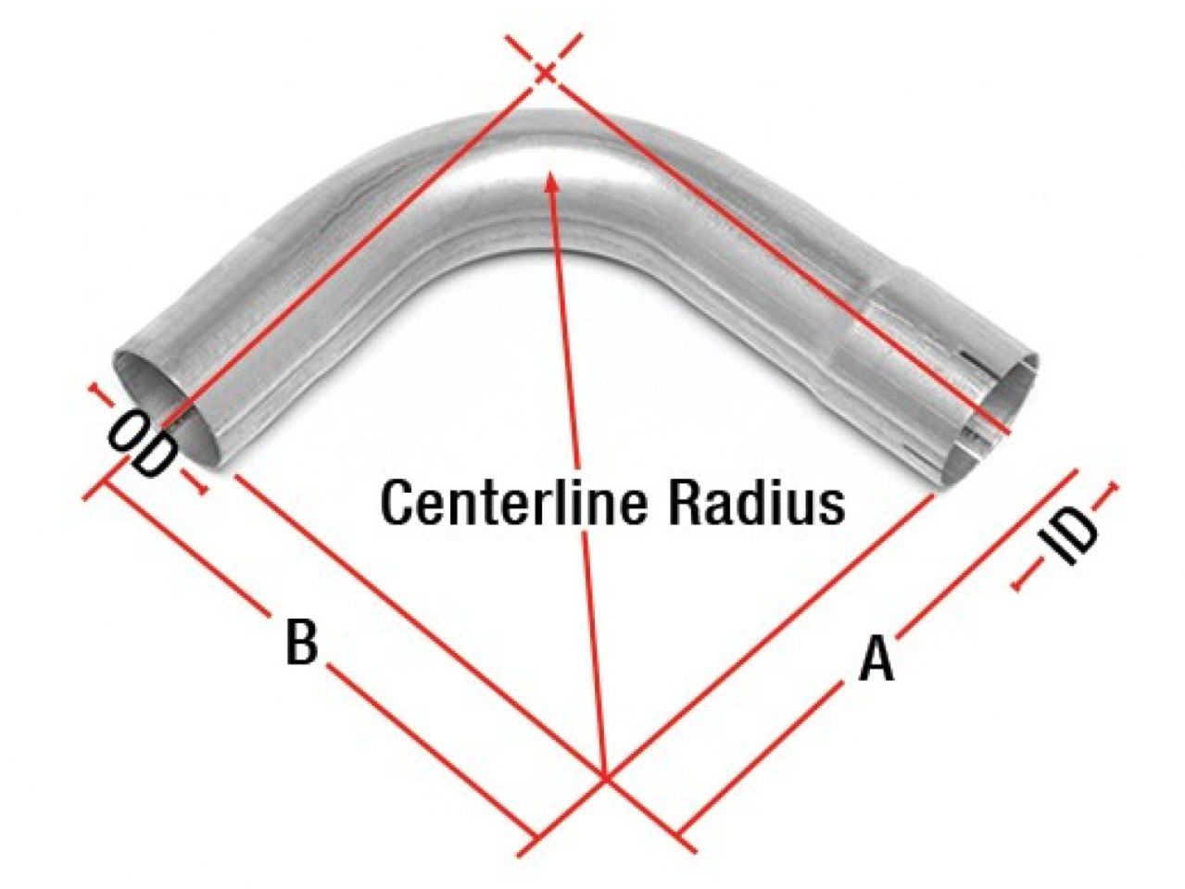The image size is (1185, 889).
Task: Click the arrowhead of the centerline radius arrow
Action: tap(550, 181)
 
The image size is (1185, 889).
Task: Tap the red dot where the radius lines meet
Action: tap(606, 779)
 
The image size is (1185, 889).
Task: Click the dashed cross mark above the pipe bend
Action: tap(546, 70)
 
